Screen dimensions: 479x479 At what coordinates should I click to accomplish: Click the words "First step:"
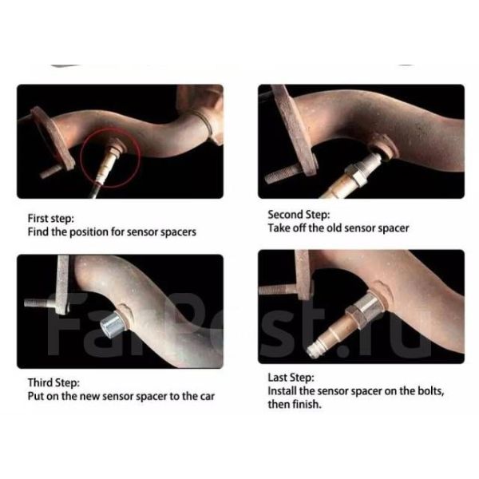pyautogui.click(x=51, y=219)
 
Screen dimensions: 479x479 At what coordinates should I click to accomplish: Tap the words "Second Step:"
pyautogui.click(x=299, y=215)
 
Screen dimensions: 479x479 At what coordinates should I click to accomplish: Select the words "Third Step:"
pyautogui.click(x=53, y=382)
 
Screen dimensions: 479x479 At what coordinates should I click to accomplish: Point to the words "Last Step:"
pyautogui.click(x=291, y=378)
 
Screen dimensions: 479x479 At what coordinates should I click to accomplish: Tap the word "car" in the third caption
pyautogui.click(x=208, y=397)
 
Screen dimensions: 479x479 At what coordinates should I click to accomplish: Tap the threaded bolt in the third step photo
pyautogui.click(x=40, y=303)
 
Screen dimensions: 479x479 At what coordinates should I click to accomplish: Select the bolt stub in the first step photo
pyautogui.click(x=50, y=172)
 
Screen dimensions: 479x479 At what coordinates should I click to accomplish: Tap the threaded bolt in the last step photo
pyautogui.click(x=277, y=289)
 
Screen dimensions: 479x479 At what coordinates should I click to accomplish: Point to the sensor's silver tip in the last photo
pyautogui.click(x=315, y=350)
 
